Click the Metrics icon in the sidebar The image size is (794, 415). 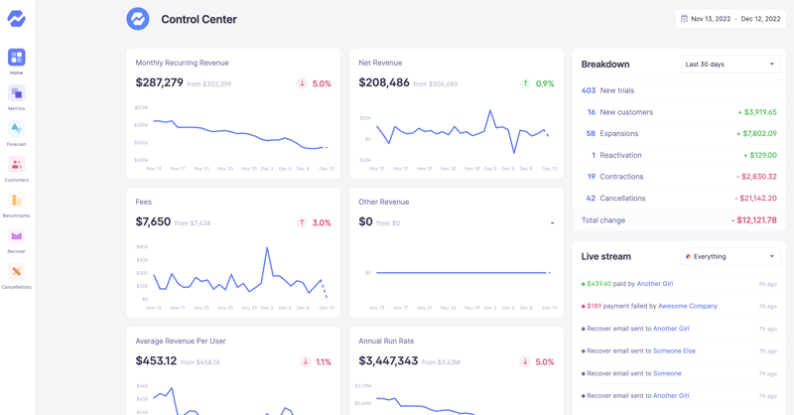click(x=16, y=93)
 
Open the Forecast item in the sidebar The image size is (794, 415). click(x=16, y=129)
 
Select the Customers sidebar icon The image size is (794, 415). click(x=16, y=165)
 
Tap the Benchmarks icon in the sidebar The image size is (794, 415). click(x=16, y=201)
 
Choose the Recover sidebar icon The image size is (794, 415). click(x=16, y=236)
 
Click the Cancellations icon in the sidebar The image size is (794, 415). click(x=16, y=272)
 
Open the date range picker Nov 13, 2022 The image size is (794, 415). click(x=729, y=19)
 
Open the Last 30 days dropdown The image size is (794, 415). click(x=729, y=65)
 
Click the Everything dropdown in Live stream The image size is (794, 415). click(x=729, y=256)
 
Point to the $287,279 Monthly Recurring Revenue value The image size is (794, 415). click(x=160, y=83)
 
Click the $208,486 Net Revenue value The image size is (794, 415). click(x=384, y=83)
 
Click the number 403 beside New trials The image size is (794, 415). click(x=589, y=90)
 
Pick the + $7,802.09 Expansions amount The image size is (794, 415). click(x=756, y=134)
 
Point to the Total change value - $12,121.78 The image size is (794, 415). click(x=753, y=220)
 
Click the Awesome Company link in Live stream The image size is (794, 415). click(x=687, y=306)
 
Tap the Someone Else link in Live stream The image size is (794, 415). click(x=675, y=350)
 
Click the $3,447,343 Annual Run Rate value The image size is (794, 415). click(x=388, y=361)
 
